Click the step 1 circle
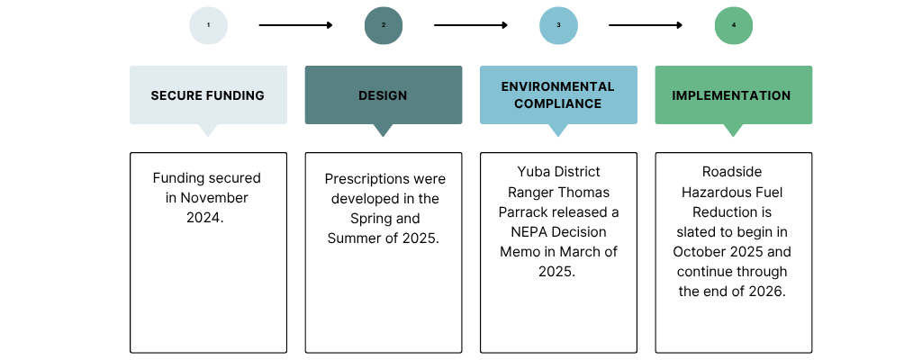click(x=208, y=25)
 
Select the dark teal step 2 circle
click(x=384, y=25)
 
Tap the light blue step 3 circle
click(x=558, y=25)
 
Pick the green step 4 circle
click(x=734, y=25)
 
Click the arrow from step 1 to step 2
click(x=295, y=25)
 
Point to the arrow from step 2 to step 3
click(x=471, y=25)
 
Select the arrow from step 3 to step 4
click(x=646, y=25)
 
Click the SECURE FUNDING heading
click(x=208, y=95)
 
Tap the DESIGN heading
click(x=383, y=95)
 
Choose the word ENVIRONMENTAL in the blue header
click(x=558, y=87)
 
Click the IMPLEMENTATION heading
click(x=732, y=95)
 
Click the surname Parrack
click(x=528, y=211)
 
